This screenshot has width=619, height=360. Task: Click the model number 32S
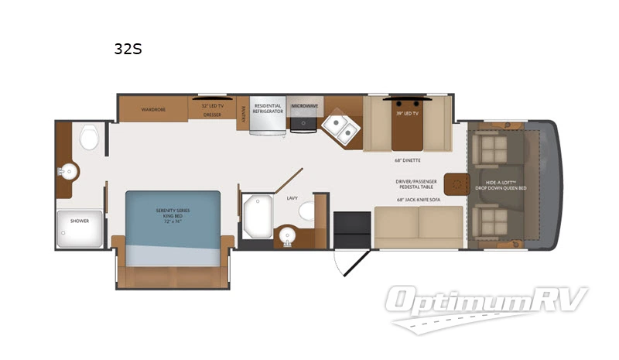tap(128, 50)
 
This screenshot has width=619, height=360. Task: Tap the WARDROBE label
tap(154, 110)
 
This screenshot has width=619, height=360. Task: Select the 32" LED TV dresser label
tap(212, 109)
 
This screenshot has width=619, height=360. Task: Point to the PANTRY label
tap(242, 113)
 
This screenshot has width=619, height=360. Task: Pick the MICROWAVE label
tap(305, 105)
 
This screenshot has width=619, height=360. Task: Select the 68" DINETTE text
tap(406, 162)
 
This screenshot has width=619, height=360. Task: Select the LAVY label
tap(292, 198)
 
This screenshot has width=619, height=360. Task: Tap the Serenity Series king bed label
tap(173, 215)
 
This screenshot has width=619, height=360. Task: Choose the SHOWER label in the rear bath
tap(80, 221)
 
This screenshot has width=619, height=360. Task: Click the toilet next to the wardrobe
tap(87, 138)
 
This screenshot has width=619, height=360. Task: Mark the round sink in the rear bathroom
tap(70, 170)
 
